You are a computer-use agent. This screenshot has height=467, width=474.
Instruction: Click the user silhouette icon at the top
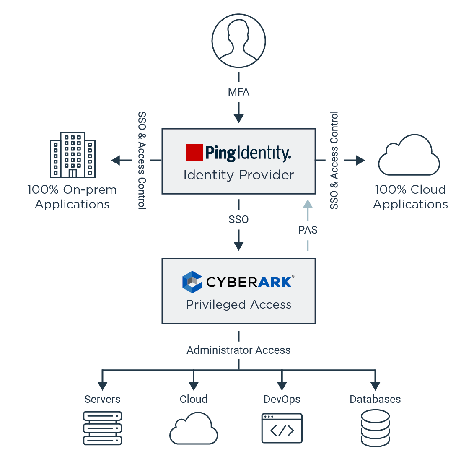(238, 41)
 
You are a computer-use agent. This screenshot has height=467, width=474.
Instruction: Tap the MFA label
(238, 92)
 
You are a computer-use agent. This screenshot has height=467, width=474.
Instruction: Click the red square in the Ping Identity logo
(194, 153)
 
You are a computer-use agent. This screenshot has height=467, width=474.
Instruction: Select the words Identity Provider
(238, 175)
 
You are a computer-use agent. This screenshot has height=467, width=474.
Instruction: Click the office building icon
(73, 155)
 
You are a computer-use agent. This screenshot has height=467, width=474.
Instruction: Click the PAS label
(308, 230)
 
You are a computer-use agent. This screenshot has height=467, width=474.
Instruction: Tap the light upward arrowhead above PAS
(308, 204)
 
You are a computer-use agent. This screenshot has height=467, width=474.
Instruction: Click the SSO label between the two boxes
(238, 219)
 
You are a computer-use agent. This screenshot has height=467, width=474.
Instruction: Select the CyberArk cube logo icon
(192, 282)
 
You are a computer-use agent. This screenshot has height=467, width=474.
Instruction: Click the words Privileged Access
(238, 304)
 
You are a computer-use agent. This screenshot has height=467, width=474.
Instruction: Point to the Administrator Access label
(238, 350)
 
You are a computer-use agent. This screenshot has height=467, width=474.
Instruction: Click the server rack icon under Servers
(102, 428)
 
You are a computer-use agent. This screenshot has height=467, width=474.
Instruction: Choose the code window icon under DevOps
(282, 428)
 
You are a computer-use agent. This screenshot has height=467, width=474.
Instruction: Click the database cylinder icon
(375, 428)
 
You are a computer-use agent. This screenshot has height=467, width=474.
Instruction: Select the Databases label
(375, 399)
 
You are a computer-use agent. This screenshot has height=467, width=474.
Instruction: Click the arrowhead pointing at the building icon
(115, 160)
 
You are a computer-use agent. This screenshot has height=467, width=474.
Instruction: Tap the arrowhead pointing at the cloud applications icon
(360, 160)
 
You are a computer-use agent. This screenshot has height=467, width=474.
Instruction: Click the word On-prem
(90, 189)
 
